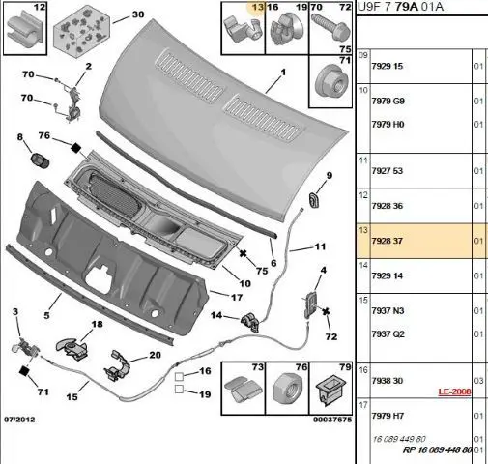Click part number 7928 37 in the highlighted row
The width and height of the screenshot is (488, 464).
(387, 241)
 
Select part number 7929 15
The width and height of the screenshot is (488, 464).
(387, 66)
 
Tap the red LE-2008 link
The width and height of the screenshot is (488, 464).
(454, 391)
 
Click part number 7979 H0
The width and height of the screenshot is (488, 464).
(388, 125)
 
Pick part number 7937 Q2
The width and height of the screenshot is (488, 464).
(388, 334)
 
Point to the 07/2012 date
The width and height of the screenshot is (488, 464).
(19, 420)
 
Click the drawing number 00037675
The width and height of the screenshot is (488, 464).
(332, 420)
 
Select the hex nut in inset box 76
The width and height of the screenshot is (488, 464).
(288, 389)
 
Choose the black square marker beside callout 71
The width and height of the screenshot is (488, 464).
(24, 371)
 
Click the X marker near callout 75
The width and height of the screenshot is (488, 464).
(244, 253)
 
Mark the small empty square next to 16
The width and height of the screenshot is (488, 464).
(179, 376)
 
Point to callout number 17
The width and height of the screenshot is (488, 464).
(237, 297)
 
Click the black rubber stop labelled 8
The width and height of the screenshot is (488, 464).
(40, 160)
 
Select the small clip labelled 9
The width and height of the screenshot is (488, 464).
(313, 200)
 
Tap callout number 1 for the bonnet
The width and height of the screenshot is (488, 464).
(283, 72)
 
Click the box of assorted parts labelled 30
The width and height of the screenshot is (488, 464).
(81, 32)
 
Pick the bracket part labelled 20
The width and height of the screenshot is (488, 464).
(116, 366)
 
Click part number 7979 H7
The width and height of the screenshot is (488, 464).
(388, 416)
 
